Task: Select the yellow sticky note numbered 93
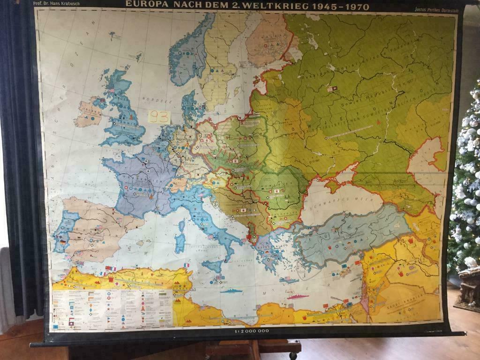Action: coord(159,117)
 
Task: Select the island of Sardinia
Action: coord(180,242)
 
